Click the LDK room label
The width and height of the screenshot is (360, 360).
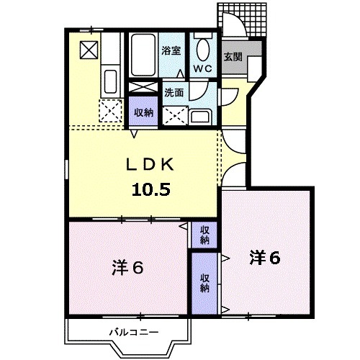tap(151, 165)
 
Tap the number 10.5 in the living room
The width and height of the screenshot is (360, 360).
tap(151, 190)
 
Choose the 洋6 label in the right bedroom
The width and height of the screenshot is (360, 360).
tap(264, 256)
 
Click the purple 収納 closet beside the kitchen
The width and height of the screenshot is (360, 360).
tap(143, 112)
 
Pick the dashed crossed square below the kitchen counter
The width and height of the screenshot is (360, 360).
tap(111, 111)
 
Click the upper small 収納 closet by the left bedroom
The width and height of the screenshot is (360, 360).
tap(204, 234)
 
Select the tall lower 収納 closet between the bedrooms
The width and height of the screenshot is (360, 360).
tap(204, 283)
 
